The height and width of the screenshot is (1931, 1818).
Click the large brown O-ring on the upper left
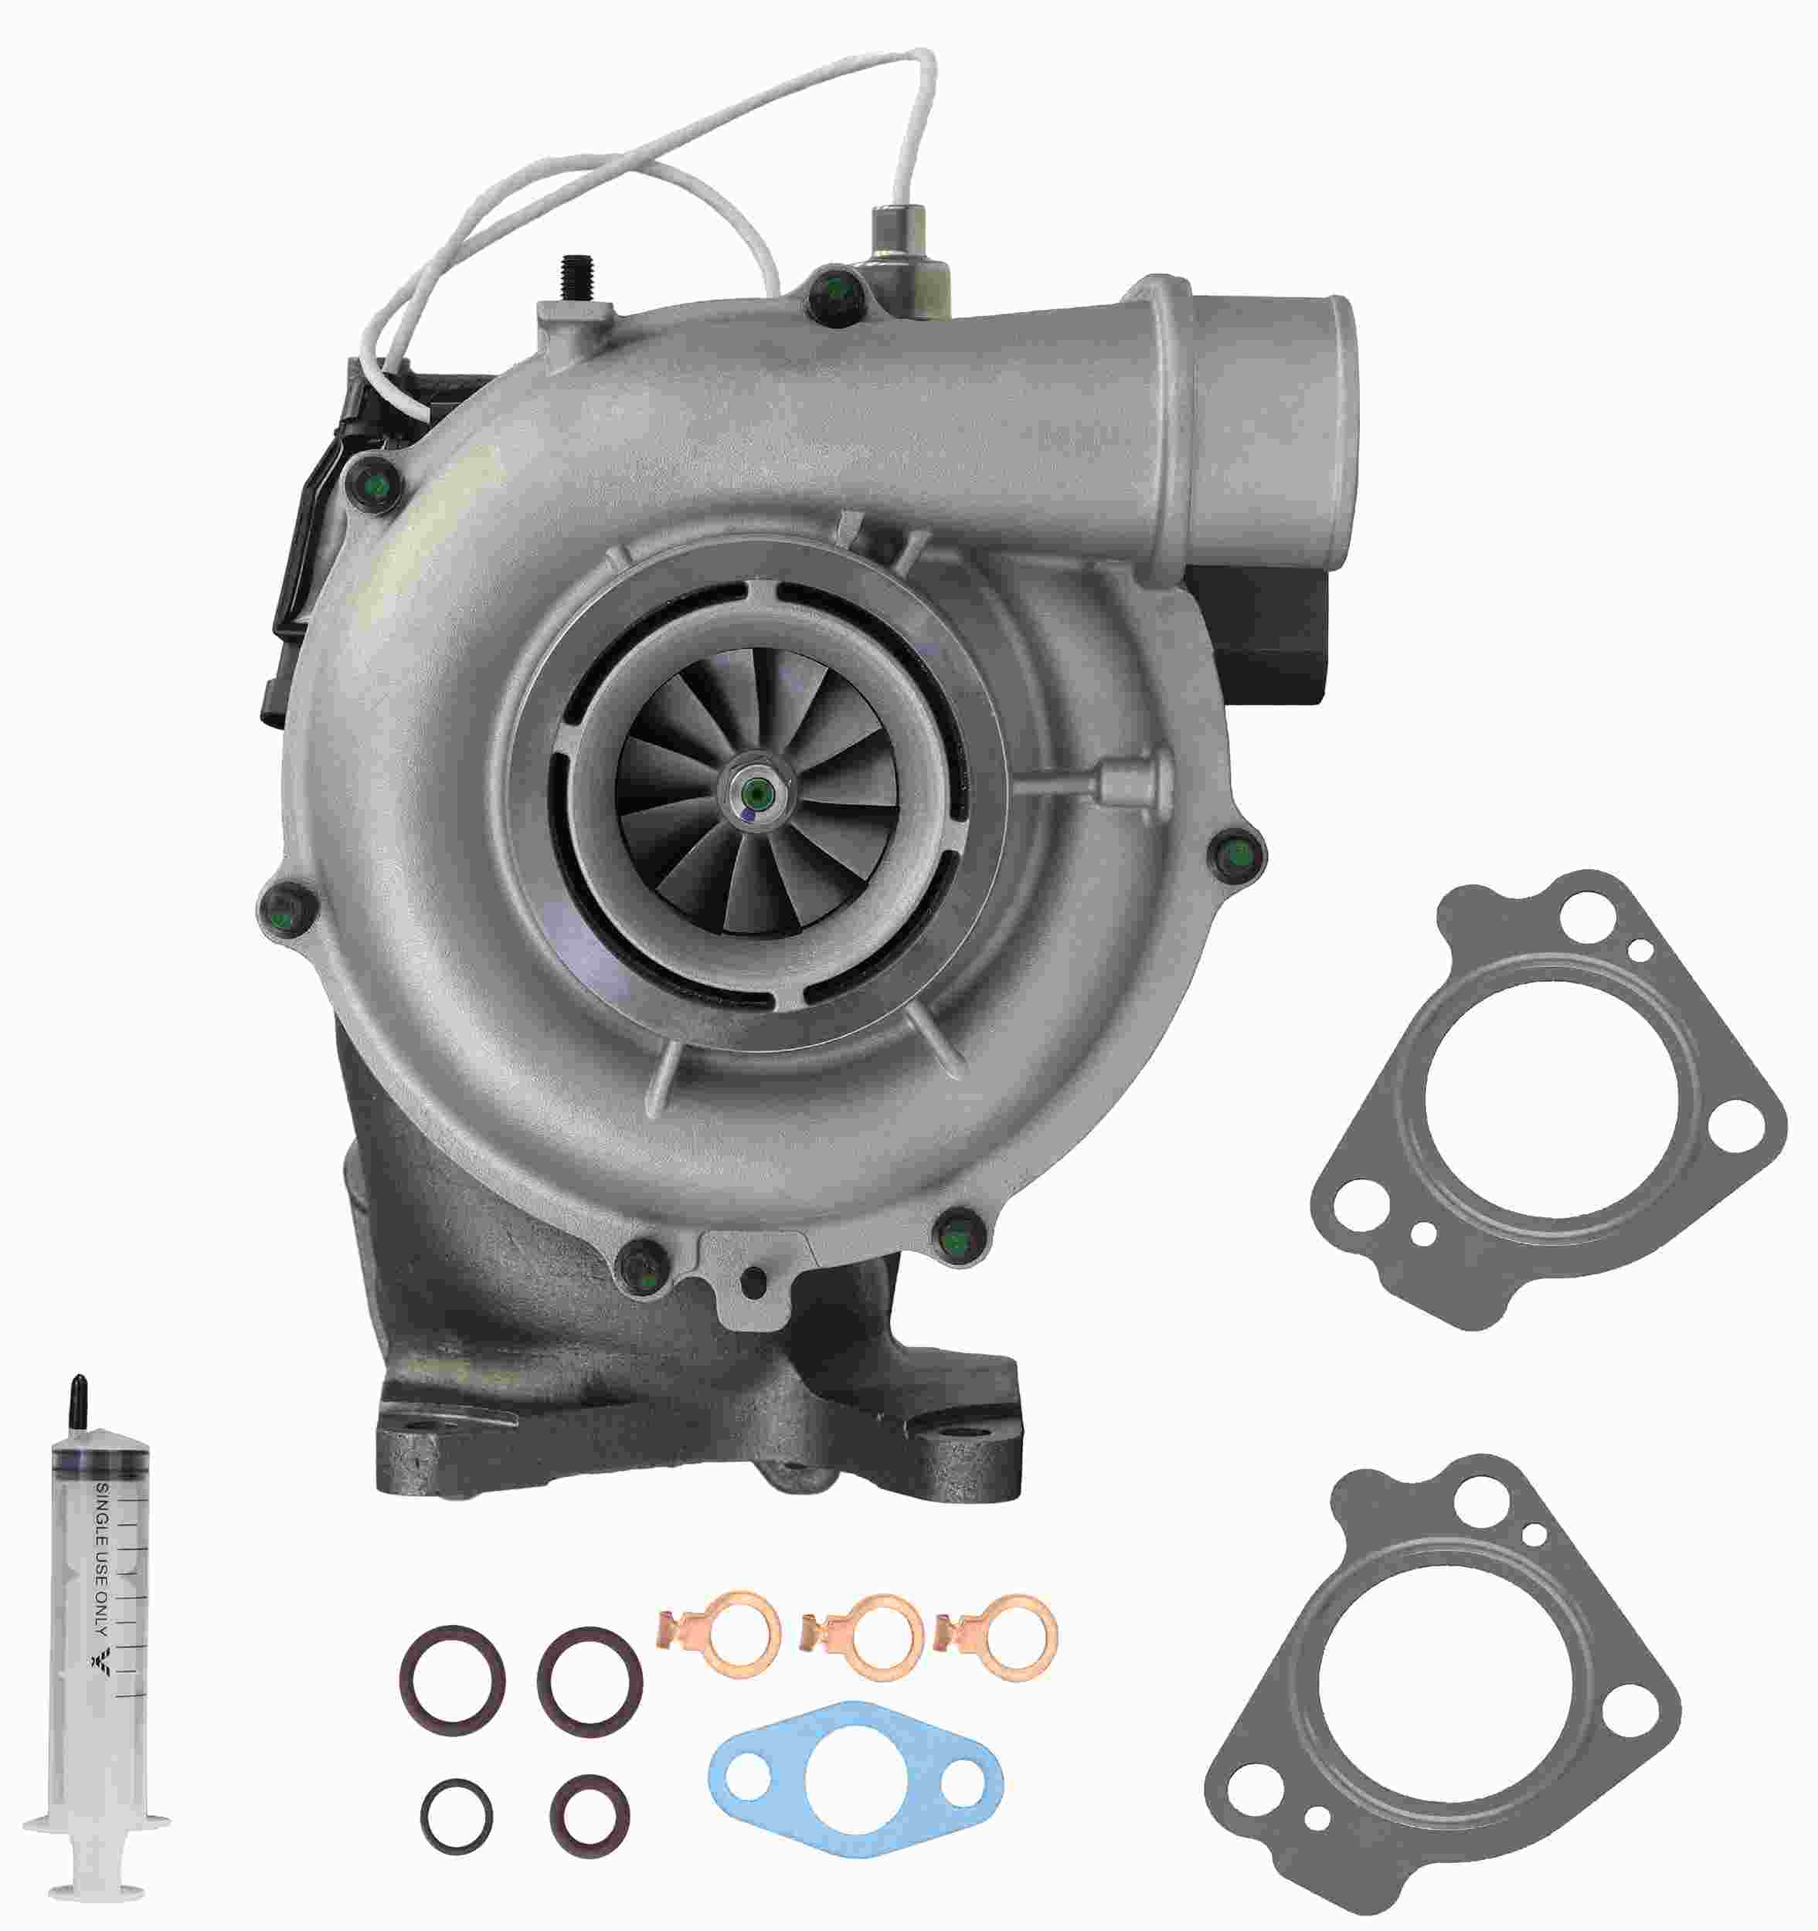453,1678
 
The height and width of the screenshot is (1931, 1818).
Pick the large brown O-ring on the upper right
590,1681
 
